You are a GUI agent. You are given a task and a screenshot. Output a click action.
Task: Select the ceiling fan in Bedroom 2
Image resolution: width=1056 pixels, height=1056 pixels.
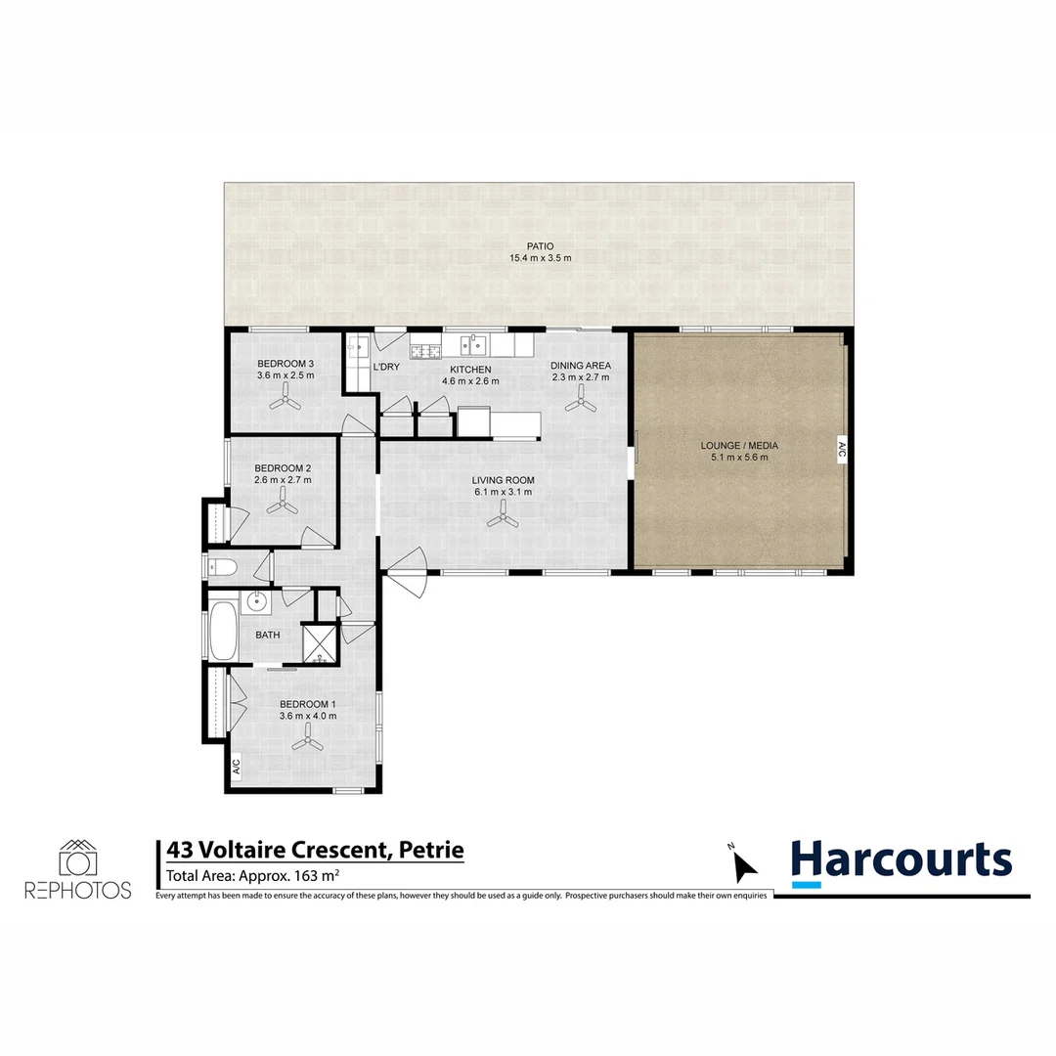283,503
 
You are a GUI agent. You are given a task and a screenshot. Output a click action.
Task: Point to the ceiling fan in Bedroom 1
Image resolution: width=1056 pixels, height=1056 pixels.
308,742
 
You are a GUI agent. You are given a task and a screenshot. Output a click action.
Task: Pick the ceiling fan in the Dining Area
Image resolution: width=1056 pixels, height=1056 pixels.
581,397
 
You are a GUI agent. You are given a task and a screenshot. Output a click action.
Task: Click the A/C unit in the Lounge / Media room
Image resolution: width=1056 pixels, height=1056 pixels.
840,451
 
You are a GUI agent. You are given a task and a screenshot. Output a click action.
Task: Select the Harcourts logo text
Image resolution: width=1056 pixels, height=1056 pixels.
901,860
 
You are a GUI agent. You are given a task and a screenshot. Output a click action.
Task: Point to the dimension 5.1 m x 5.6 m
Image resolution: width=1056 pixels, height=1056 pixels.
739,458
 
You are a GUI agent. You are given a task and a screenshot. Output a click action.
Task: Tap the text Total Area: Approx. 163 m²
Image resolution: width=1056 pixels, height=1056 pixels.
253,876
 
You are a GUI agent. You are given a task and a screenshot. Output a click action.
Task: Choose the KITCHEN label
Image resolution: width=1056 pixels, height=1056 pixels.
470,369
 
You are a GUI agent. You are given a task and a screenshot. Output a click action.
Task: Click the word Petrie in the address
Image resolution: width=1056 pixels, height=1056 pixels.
431,850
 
